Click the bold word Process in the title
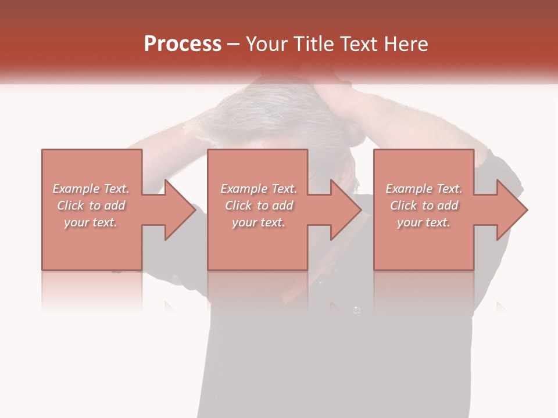click(183, 44)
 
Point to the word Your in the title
click(267, 44)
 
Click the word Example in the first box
click(76, 189)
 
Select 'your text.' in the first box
click(91, 222)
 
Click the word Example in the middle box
click(244, 189)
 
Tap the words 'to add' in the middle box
click(276, 206)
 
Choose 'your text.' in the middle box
click(258, 222)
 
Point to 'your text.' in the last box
click(424, 222)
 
